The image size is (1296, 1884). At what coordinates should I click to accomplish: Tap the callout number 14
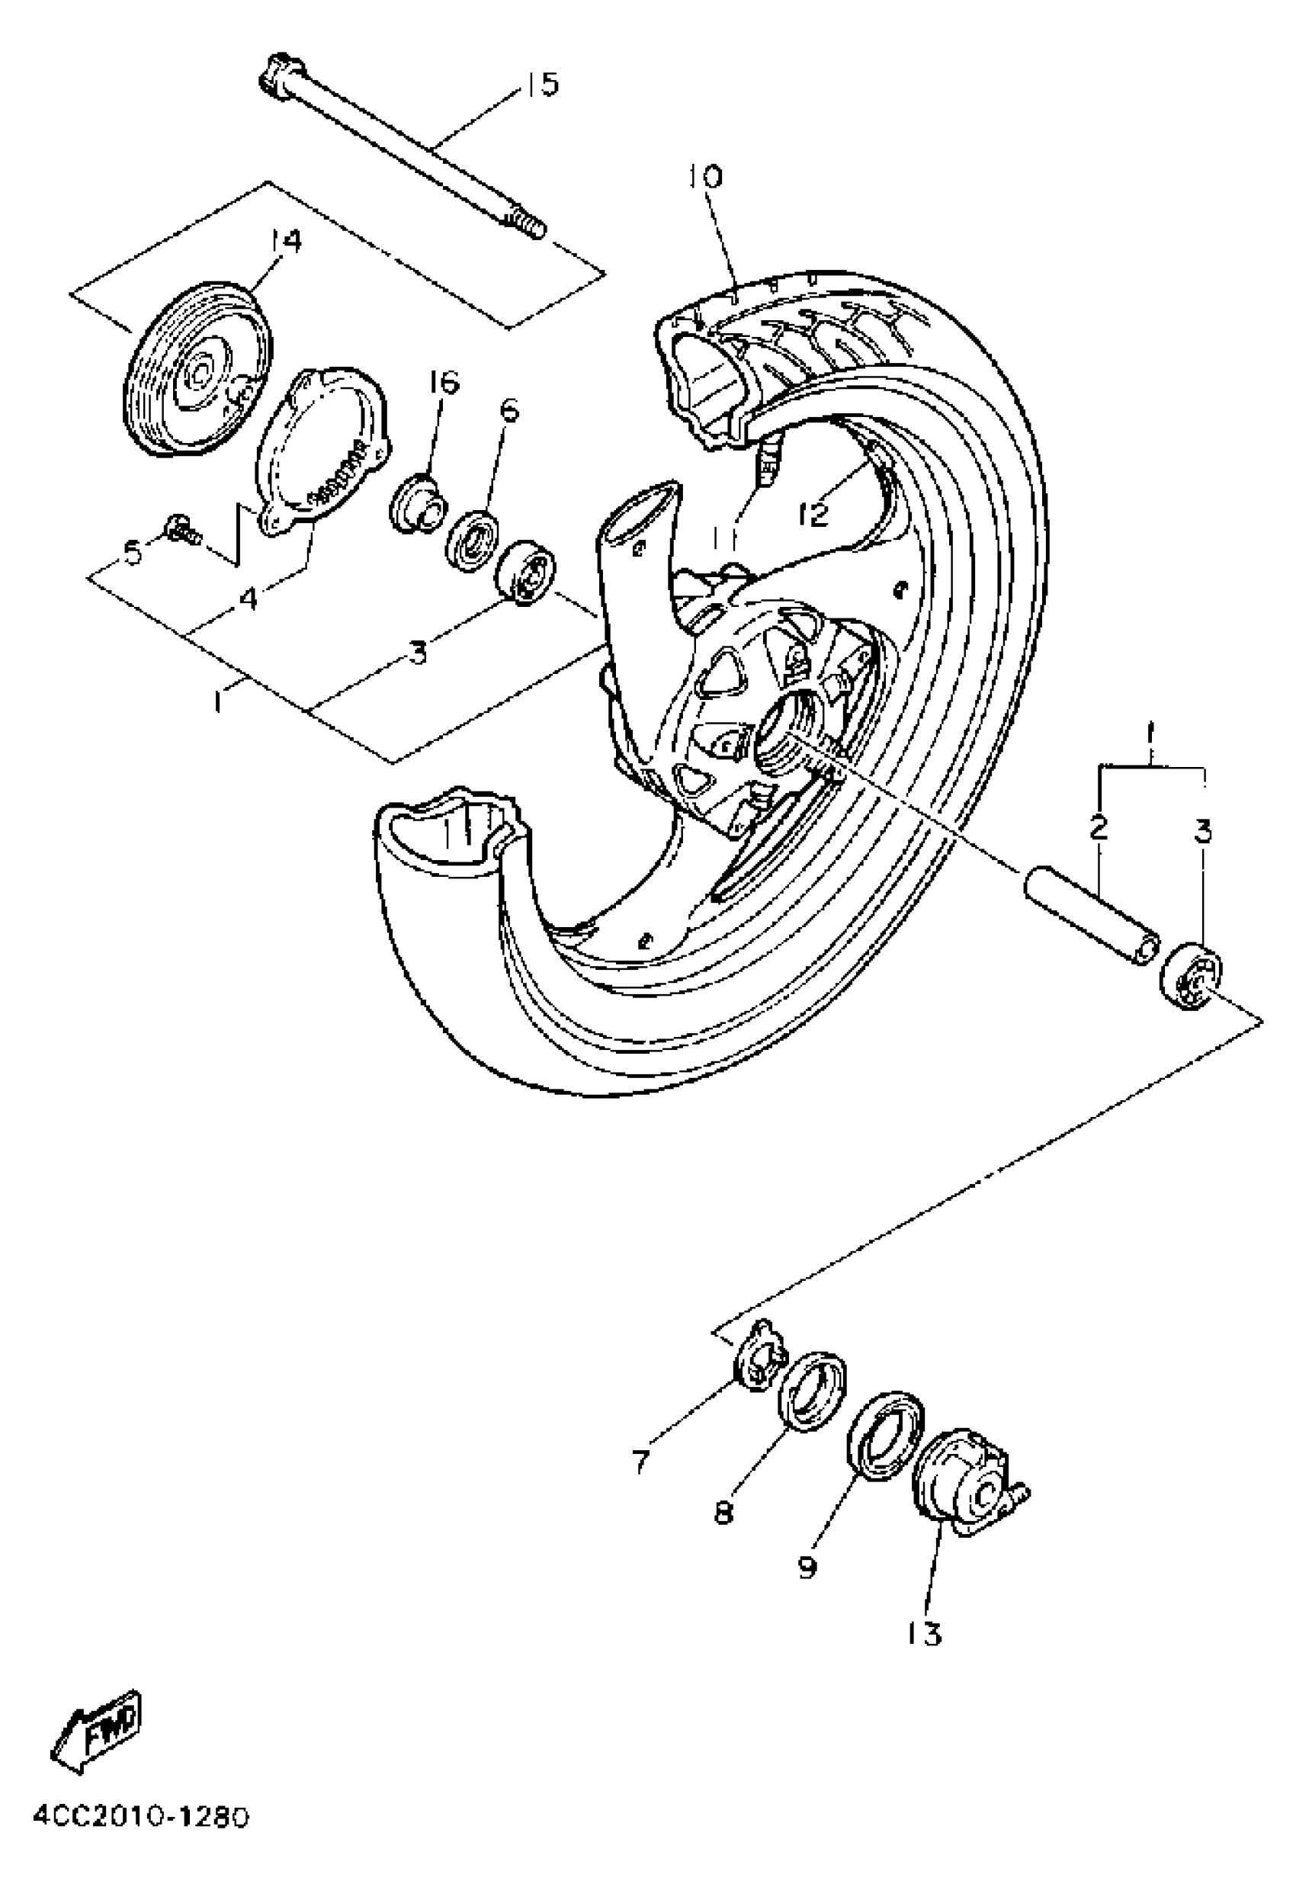285,242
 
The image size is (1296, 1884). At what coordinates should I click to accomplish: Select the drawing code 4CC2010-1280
140,1856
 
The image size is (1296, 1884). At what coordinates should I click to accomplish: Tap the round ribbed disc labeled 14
200,371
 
